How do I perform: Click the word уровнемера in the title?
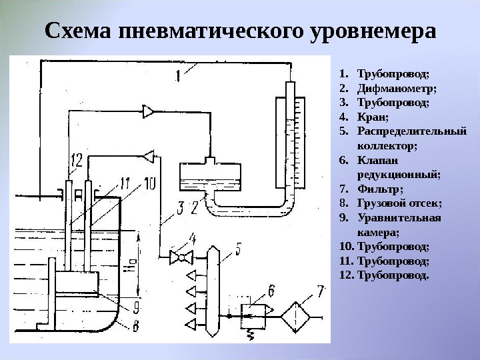pos(373,31)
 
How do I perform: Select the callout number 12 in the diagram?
pos(75,160)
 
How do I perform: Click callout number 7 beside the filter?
pos(321,291)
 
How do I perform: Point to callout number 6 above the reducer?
pos(271,289)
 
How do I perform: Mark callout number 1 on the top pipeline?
pos(179,76)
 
